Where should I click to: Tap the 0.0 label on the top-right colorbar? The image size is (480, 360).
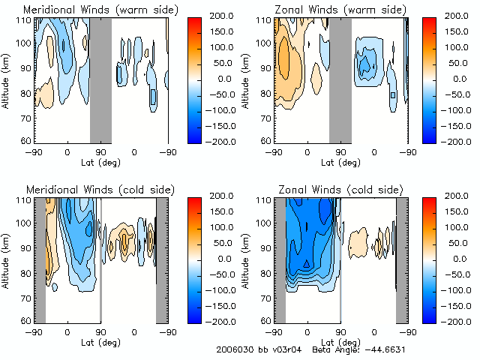tap(458, 78)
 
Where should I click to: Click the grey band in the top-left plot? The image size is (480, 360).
tap(100, 79)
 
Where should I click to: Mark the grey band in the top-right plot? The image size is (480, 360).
tap(340, 79)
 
